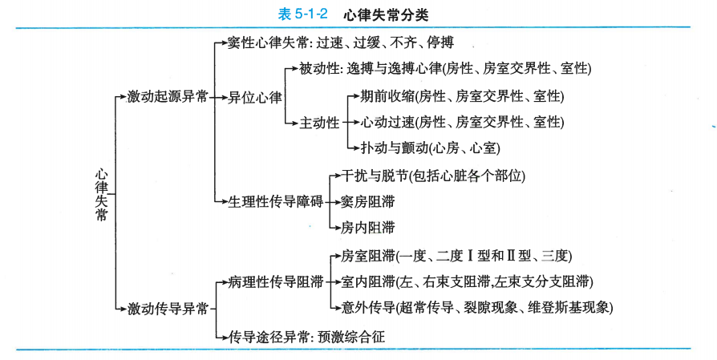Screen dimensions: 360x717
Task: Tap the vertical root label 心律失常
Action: pos(101,194)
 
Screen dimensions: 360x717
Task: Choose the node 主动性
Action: pos(320,123)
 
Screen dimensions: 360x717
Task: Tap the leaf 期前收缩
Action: pos(383,96)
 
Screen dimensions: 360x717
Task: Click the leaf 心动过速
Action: pos(383,122)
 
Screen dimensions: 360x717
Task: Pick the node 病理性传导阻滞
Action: pos(275,281)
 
